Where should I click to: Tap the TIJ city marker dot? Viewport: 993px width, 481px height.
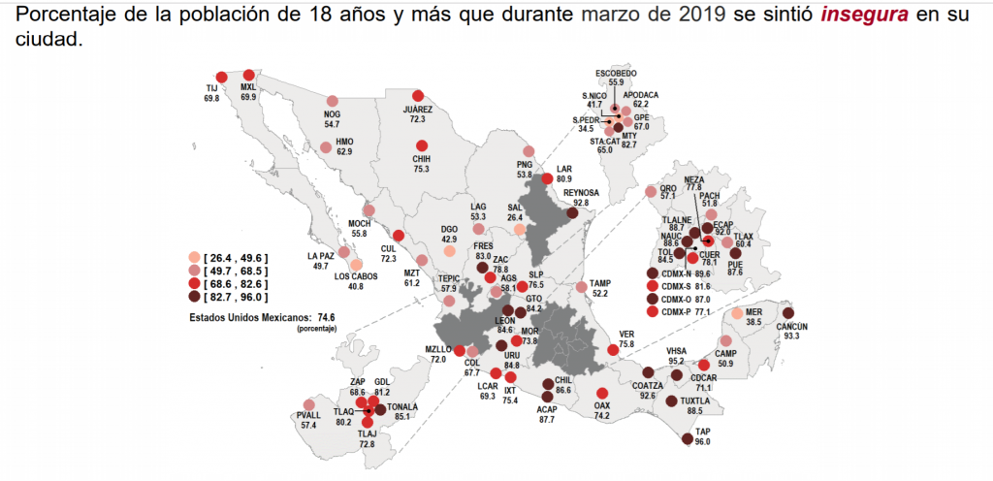[222, 78]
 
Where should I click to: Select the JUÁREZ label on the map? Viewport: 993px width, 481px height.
[418, 110]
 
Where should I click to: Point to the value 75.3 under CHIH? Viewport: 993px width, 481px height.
[422, 168]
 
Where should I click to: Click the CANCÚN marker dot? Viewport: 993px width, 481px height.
[787, 313]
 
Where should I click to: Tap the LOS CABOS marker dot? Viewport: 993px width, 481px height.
[357, 264]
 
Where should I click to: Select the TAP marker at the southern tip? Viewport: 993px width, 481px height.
[688, 439]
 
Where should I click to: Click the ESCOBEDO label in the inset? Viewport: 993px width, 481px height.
[616, 73]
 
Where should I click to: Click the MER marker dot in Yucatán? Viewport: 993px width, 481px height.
[738, 313]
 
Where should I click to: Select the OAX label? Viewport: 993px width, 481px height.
[601, 404]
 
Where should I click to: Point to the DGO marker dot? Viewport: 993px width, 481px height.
[449, 250]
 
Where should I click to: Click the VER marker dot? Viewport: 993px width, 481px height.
[612, 349]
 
